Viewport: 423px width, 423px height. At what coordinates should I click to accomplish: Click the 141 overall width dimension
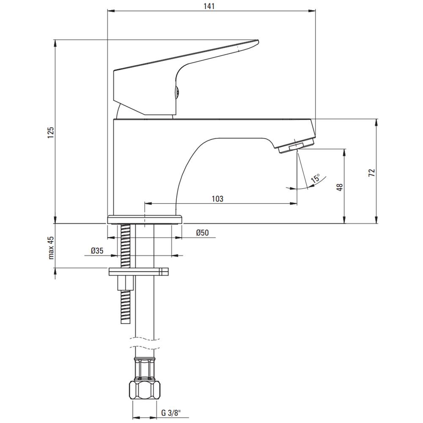pos(209,6)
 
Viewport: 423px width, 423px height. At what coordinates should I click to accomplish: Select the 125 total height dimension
pos(51,132)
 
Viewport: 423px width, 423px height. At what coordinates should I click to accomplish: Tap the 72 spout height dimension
pos(372,173)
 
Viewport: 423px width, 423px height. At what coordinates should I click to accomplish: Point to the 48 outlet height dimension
pos(340,187)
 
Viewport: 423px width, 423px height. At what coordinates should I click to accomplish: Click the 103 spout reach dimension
pos(218,199)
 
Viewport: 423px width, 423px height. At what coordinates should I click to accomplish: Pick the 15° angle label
pos(315,178)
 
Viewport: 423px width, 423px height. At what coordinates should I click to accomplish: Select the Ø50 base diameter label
pos(203,233)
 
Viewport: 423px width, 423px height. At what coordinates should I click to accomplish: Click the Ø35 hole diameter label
pos(97,251)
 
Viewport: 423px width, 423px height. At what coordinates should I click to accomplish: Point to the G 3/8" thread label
pos(171,413)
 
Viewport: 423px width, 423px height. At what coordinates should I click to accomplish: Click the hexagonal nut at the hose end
pos(145,390)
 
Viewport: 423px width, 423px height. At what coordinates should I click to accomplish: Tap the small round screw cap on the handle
pos(178,93)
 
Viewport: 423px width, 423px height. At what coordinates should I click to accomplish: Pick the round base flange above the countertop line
pos(145,219)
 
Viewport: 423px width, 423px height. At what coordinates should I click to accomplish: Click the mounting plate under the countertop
pos(138,272)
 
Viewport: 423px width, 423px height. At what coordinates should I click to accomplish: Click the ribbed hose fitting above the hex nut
pos(145,368)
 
